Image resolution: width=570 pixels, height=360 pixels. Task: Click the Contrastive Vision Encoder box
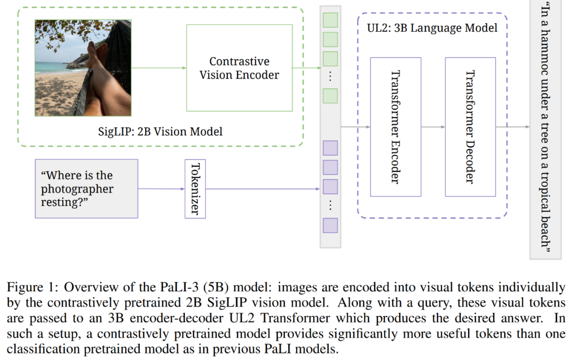239,68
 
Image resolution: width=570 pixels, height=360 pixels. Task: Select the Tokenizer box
195,188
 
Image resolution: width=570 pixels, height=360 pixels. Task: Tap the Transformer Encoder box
395,127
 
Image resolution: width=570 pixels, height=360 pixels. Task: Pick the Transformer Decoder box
470,127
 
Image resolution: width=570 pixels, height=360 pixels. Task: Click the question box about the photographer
86,188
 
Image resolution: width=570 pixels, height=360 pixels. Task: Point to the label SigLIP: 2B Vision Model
160,131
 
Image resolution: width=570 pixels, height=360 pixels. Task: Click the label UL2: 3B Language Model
432,27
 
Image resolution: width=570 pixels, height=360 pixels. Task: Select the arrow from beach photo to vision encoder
158,68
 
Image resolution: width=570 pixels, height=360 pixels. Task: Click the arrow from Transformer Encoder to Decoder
433,127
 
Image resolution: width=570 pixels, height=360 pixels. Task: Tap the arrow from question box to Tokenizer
161,188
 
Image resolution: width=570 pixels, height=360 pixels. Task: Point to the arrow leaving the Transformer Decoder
512,127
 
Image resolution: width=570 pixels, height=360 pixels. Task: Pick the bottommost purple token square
330,225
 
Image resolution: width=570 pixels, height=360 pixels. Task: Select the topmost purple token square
330,148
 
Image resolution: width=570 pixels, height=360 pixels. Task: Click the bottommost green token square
330,96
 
